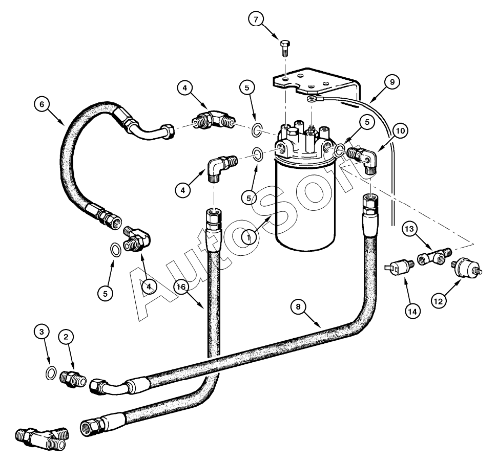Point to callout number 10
tap(401, 130)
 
